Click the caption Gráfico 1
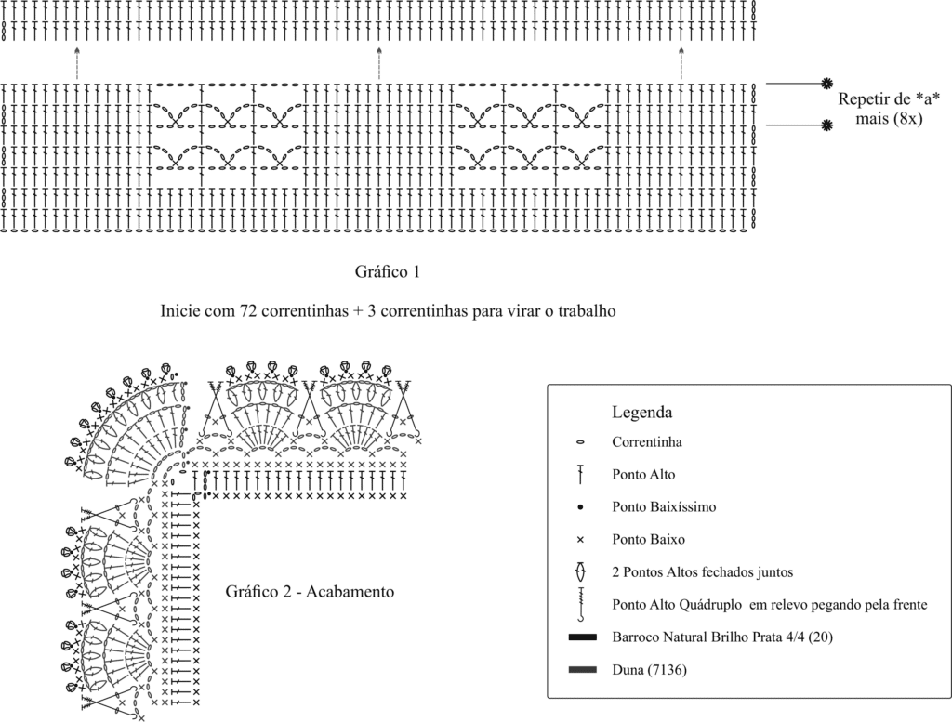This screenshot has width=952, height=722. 388,272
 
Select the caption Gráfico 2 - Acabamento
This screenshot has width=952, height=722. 310,591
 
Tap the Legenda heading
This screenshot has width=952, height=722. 641,413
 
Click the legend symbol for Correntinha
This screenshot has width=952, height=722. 580,442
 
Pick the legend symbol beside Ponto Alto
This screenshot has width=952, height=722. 580,475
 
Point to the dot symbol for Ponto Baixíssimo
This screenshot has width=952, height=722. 580,506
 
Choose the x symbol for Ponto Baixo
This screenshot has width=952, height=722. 580,539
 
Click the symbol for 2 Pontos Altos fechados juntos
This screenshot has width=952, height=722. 580,571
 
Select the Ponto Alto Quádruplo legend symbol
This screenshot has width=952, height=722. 581,604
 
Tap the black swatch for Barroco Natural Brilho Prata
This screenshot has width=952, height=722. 583,637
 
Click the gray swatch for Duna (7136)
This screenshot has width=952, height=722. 583,670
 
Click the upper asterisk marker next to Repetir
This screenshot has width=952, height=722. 826,84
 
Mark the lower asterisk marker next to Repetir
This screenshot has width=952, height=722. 826,125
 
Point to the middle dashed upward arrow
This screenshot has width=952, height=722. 379,63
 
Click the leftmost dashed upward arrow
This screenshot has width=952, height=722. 76,63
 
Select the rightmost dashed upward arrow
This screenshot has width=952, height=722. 681,63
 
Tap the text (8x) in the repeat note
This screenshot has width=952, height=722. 907,119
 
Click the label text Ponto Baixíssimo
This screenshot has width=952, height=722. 664,506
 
